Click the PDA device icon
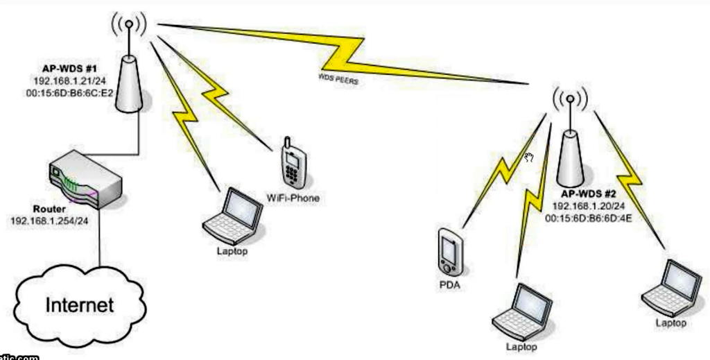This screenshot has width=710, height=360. click(449, 251)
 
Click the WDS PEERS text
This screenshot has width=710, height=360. click(338, 78)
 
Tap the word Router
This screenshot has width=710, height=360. click(49, 209)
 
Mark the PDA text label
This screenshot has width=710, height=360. click(449, 284)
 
